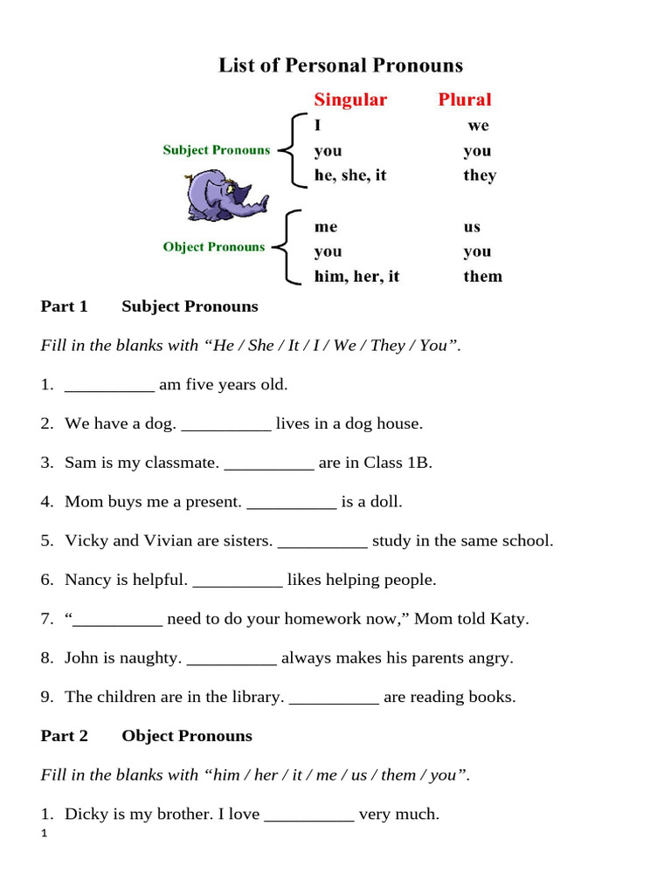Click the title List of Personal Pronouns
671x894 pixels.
pyautogui.click(x=341, y=65)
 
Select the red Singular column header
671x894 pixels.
pyautogui.click(x=350, y=100)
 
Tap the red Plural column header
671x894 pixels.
pyautogui.click(x=465, y=100)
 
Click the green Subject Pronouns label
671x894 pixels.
pyautogui.click(x=217, y=150)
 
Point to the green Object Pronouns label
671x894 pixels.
pyautogui.click(x=213, y=247)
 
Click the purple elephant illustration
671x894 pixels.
pyautogui.click(x=218, y=196)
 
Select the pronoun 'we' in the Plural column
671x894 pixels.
pyautogui.click(x=478, y=126)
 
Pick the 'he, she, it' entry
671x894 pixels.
pyautogui.click(x=350, y=175)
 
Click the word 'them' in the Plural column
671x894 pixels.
pyautogui.click(x=483, y=277)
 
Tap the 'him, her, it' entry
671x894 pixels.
pyautogui.click(x=356, y=277)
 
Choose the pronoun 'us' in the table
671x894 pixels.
pyautogui.click(x=472, y=227)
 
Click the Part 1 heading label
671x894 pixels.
pyautogui.click(x=65, y=306)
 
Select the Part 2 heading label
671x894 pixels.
pyautogui.click(x=65, y=736)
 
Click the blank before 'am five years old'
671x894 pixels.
pyautogui.click(x=110, y=385)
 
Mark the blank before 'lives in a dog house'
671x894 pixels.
pyautogui.click(x=226, y=424)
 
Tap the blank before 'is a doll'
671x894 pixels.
pyautogui.click(x=292, y=502)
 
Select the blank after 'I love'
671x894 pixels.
pyautogui.click(x=309, y=815)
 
